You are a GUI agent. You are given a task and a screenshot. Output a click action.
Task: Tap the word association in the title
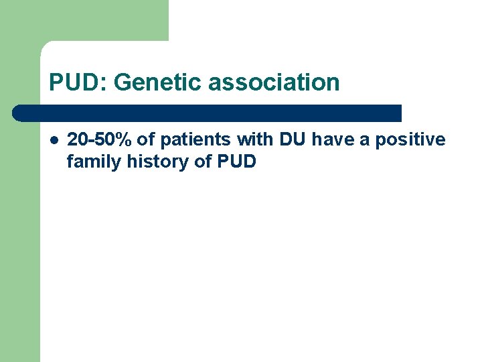pos(274,82)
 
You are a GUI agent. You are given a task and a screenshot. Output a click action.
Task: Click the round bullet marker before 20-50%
pos(54,140)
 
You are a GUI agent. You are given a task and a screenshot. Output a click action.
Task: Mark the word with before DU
pos(251,139)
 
